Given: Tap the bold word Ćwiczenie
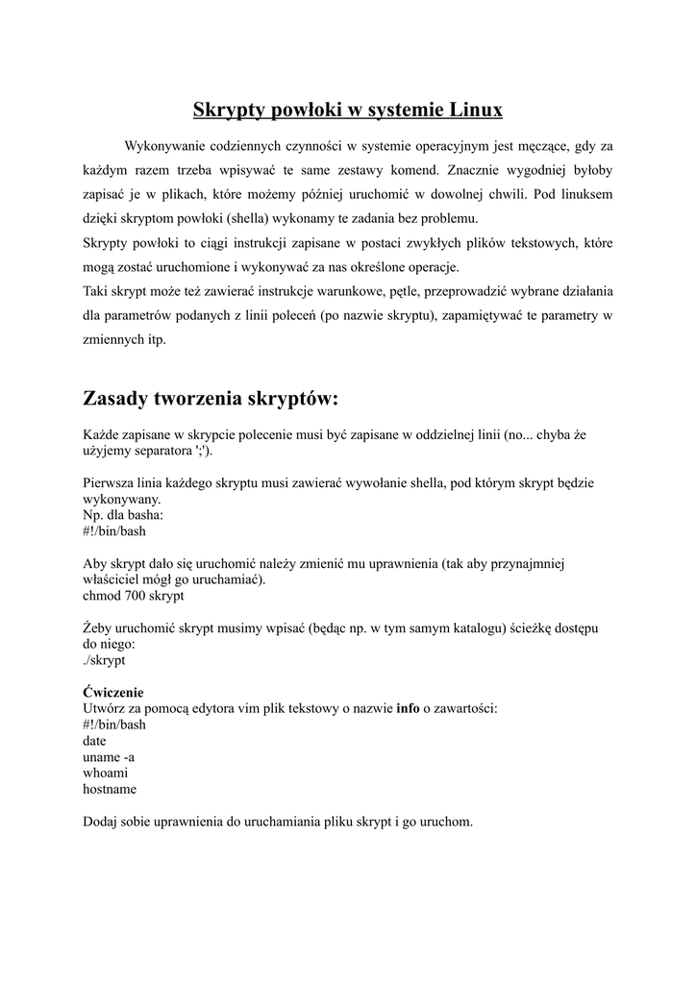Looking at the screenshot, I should pyautogui.click(x=113, y=692).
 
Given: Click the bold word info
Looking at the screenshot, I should pyautogui.click(x=408, y=709).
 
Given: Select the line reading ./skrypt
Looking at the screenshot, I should pyautogui.click(x=104, y=660).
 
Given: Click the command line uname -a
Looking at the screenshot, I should pyautogui.click(x=109, y=757).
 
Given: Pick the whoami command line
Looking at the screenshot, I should pyautogui.click(x=106, y=773).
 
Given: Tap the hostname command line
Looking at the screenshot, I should pyautogui.click(x=110, y=789).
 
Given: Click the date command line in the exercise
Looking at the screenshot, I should pyautogui.click(x=94, y=741).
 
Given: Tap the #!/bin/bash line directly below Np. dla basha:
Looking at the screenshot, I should pyautogui.click(x=114, y=530).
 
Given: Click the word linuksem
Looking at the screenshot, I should pyautogui.click(x=586, y=194).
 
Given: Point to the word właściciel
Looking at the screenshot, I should pyautogui.click(x=113, y=579).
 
